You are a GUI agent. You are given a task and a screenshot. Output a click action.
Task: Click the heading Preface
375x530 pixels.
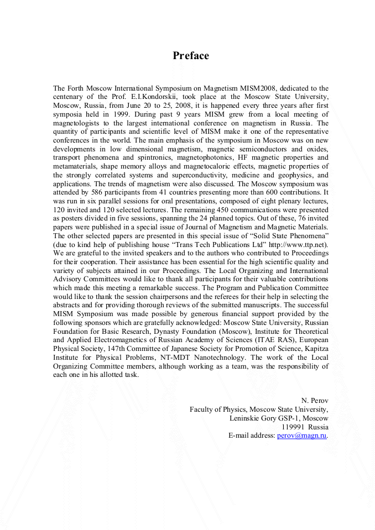point(191,56)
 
